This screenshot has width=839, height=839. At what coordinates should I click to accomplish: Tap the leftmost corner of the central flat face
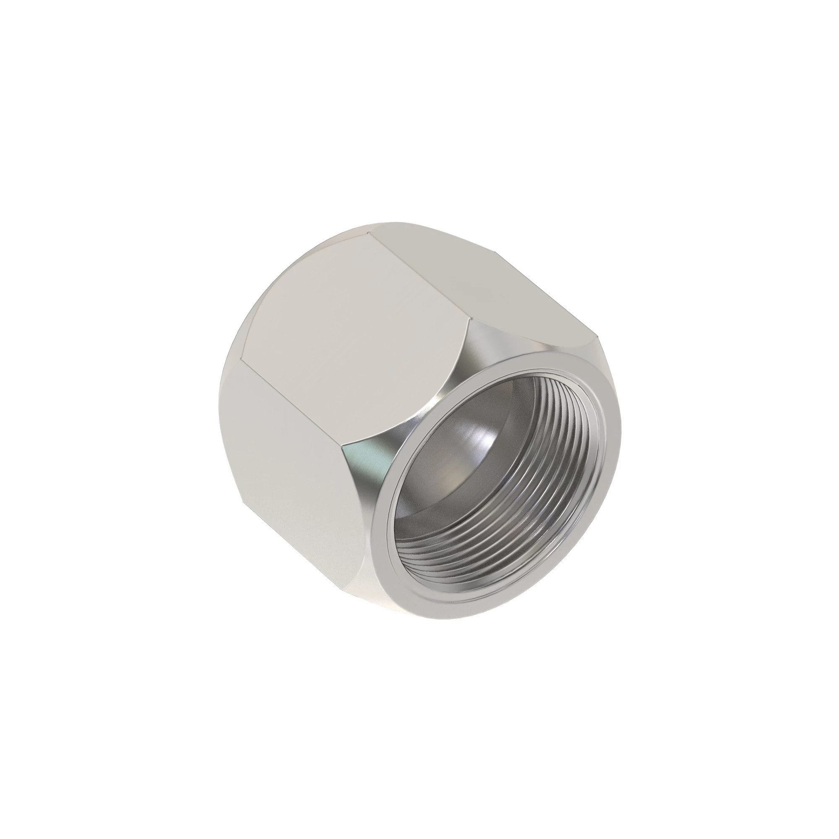[x=242, y=359]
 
